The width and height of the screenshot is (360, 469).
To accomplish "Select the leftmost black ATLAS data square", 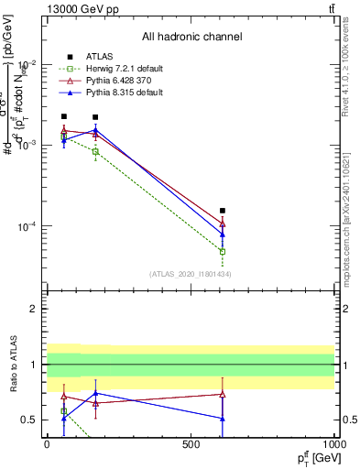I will (63, 117).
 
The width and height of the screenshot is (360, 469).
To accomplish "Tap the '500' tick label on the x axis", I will (191, 444).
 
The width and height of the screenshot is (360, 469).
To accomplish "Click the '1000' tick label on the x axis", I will (334, 444).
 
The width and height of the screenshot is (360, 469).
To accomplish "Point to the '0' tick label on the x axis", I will (47, 444).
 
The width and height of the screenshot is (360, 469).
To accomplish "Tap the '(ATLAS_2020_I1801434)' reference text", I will (191, 274).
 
